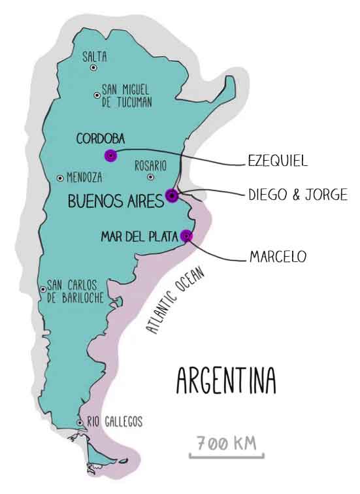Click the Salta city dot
[x=93, y=68]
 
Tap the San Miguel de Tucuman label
[x=127, y=96]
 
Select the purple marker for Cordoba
[x=111, y=156]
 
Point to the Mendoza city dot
[x=60, y=178]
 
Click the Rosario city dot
[x=151, y=177]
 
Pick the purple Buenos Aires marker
[x=172, y=196]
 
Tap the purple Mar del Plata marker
[x=186, y=235]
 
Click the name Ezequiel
[x=278, y=161]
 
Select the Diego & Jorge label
[x=298, y=194]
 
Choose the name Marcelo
[x=278, y=256]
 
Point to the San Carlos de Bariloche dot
[x=43, y=289]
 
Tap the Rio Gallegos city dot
[x=80, y=423]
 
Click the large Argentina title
[x=226, y=380]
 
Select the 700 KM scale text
[x=227, y=443]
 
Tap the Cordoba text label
[x=101, y=139]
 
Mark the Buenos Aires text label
[x=116, y=201]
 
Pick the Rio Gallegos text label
[x=114, y=421]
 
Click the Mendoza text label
[x=84, y=178]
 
